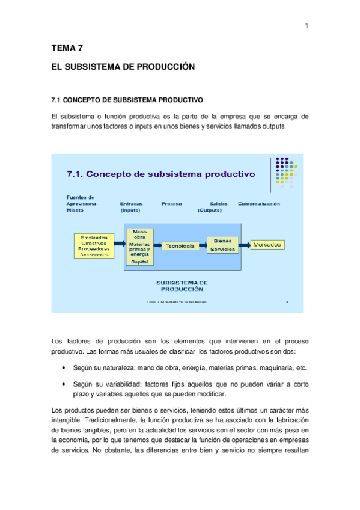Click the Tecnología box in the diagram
[x=180, y=245]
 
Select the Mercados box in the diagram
[x=268, y=245]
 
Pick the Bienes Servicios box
[x=223, y=245]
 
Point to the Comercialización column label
[x=259, y=204]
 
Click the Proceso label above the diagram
[x=172, y=204]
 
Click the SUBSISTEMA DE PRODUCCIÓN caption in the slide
[x=182, y=284]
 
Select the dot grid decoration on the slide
[x=284, y=172]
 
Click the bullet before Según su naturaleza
[x=64, y=367]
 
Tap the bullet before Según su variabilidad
[x=64, y=383]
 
